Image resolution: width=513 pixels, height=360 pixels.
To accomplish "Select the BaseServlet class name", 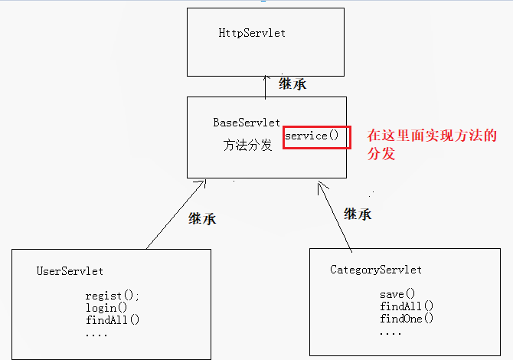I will coord(246,123).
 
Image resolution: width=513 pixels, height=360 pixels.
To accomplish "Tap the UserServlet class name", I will coord(70,271).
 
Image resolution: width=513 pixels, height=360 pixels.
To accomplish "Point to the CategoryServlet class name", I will coord(376,270).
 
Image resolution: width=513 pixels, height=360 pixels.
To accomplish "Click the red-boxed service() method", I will coord(316,136).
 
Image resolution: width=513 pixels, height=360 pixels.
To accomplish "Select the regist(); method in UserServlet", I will coord(113,296).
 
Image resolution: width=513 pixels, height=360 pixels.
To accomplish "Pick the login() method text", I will coord(106,308).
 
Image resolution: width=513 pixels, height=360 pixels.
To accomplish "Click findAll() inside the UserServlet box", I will coord(113,320).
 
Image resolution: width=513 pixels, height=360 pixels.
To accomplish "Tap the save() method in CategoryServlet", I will coord(397,294).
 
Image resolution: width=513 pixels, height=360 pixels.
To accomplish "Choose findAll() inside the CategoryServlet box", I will coord(407,306).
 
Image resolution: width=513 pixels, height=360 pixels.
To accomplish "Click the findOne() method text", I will coord(407,319).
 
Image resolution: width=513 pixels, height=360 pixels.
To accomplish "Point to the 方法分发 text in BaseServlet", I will coord(247,146).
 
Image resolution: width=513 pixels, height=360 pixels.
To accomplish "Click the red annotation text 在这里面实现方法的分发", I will coord(432,144).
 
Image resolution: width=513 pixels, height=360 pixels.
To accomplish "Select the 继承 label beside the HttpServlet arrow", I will coord(292,84).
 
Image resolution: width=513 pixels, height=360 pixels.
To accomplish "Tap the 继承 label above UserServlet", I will coord(202,218).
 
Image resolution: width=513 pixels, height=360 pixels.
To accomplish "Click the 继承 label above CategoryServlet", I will coord(358,214).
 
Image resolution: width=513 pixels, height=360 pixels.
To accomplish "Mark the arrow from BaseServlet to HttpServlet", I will coord(266,87).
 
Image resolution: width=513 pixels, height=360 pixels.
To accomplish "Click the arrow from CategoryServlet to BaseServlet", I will coord(335,217).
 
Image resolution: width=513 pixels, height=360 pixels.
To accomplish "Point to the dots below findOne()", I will coord(390,333).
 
